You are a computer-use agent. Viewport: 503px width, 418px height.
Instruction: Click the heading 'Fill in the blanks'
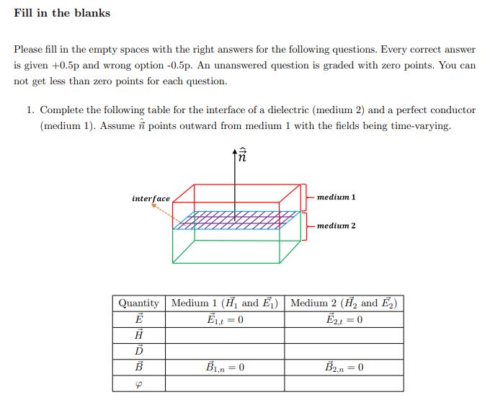coord(62,13)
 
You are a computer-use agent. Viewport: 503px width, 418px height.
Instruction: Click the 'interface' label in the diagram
coord(151,198)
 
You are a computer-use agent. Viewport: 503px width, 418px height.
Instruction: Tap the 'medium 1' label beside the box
coord(336,197)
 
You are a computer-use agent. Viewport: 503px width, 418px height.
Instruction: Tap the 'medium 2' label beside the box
coord(336,226)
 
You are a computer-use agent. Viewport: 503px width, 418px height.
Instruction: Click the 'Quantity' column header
coord(139,303)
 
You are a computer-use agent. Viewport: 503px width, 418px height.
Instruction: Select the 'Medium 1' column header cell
coord(225,303)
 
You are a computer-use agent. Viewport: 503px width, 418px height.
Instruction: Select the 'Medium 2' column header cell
coord(344,303)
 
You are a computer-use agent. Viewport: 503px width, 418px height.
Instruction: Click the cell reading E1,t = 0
coord(225,320)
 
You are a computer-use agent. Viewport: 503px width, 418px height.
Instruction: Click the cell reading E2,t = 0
coord(344,320)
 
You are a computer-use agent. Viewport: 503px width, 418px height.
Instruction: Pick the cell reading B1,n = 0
coord(225,368)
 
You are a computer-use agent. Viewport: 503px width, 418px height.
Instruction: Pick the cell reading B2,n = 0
coord(344,368)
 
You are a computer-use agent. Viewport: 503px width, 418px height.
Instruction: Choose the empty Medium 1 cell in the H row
coord(225,336)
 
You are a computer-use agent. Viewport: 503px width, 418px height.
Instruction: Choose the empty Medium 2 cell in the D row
coord(344,352)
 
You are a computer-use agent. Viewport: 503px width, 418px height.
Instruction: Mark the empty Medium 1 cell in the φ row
coord(225,383)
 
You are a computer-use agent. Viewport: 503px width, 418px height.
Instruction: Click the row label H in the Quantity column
coord(139,336)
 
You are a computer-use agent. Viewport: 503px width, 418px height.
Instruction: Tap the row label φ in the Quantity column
coord(139,383)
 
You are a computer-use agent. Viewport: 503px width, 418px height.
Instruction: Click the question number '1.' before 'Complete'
coord(30,110)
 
